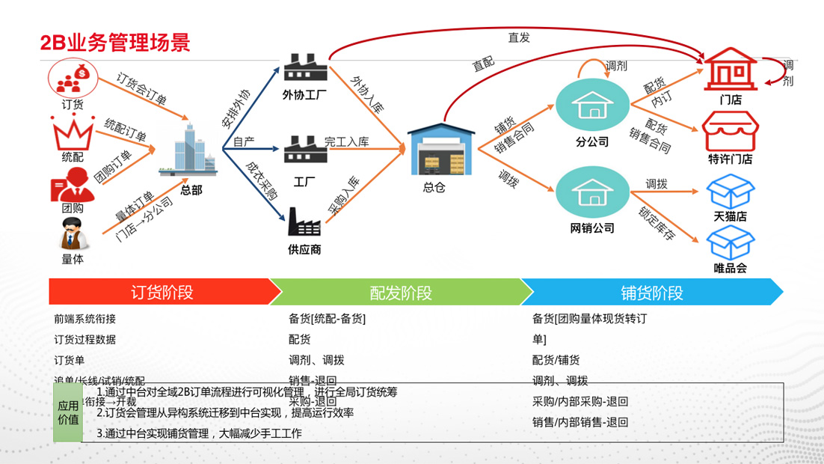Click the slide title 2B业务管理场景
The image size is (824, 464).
click(115, 42)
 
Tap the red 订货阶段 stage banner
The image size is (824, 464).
click(162, 292)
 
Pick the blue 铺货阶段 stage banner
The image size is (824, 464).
click(651, 292)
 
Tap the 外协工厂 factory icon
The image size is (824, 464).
click(306, 68)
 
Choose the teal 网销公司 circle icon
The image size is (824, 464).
click(591, 192)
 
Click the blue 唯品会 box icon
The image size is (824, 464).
click(730, 242)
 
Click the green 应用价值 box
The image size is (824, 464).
click(68, 412)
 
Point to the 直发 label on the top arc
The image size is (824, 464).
click(518, 37)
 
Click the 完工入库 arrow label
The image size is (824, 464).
click(346, 141)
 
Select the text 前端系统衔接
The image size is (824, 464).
click(84, 319)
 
